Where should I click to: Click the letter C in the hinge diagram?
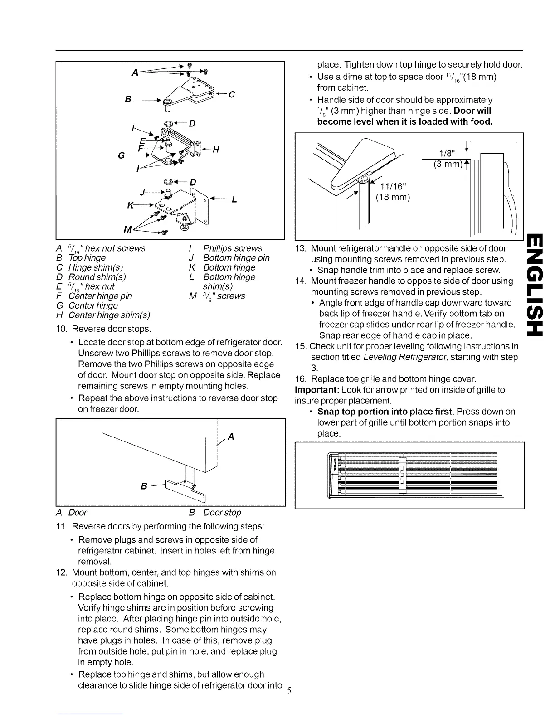232,94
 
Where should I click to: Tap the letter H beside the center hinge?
215,150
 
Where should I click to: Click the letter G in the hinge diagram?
121,156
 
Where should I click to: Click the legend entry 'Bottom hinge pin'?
236,258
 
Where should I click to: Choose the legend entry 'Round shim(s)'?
97,277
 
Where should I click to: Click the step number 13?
301,248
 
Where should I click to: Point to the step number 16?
301,379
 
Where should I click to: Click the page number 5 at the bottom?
289,691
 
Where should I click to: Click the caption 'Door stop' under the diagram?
222,513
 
